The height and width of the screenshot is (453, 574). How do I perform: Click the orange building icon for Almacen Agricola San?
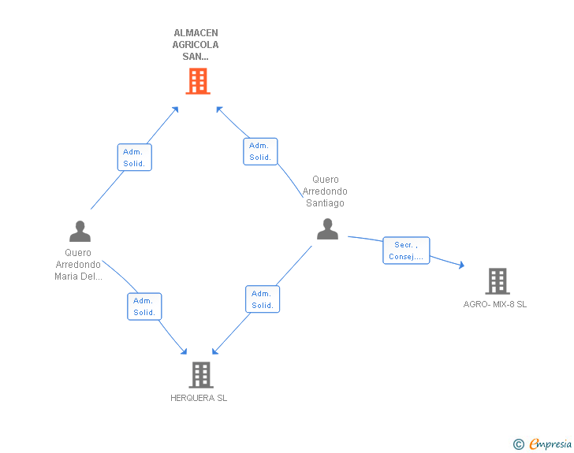pyautogui.click(x=198, y=80)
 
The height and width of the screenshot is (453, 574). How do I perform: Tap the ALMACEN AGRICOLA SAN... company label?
pyautogui.click(x=196, y=45)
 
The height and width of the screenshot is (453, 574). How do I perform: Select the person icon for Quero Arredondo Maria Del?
pyautogui.click(x=80, y=231)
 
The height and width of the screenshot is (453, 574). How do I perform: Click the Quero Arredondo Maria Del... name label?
pyautogui.click(x=78, y=265)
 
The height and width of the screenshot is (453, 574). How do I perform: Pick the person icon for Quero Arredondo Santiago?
pyautogui.click(x=327, y=229)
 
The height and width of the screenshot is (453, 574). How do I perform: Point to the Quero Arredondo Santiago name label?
pyautogui.click(x=325, y=191)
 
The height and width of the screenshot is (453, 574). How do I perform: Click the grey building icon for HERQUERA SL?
pyautogui.click(x=201, y=375)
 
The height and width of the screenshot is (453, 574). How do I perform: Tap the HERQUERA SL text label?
pyautogui.click(x=199, y=399)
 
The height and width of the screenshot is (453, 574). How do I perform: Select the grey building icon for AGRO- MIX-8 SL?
pyautogui.click(x=497, y=280)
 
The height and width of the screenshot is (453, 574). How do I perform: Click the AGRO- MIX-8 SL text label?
pyautogui.click(x=495, y=304)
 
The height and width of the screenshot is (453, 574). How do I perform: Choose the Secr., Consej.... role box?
pyautogui.click(x=406, y=251)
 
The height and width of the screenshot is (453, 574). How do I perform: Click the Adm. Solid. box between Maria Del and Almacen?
pyautogui.click(x=134, y=158)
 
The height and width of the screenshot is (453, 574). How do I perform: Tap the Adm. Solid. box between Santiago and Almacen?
pyautogui.click(x=260, y=151)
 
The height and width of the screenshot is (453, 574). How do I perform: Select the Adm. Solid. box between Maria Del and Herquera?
pyautogui.click(x=144, y=306)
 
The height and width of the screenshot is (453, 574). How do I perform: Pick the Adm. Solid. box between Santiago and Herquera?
pyautogui.click(x=263, y=299)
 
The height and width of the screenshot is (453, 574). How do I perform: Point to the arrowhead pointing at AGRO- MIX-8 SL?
pyautogui.click(x=461, y=266)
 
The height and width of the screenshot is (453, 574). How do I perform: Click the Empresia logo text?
pyautogui.click(x=550, y=444)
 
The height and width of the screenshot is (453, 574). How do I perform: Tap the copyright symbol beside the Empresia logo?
pyautogui.click(x=518, y=444)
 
